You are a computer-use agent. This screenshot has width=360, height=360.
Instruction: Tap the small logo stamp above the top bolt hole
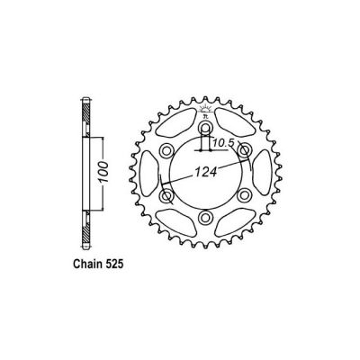click(206, 102)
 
